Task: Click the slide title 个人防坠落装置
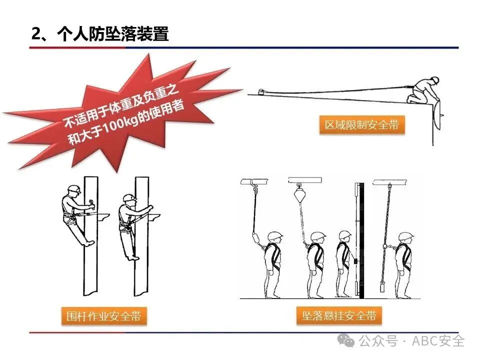113,33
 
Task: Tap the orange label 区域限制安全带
362,125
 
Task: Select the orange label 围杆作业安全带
104,315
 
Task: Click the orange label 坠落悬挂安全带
339,315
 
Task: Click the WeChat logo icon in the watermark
346,340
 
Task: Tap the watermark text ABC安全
438,340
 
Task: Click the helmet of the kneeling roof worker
434,79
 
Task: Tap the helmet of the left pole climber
74,188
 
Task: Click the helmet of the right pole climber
129,197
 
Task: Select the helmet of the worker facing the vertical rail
345,235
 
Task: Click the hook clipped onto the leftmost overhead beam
254,186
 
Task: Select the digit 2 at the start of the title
36,34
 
